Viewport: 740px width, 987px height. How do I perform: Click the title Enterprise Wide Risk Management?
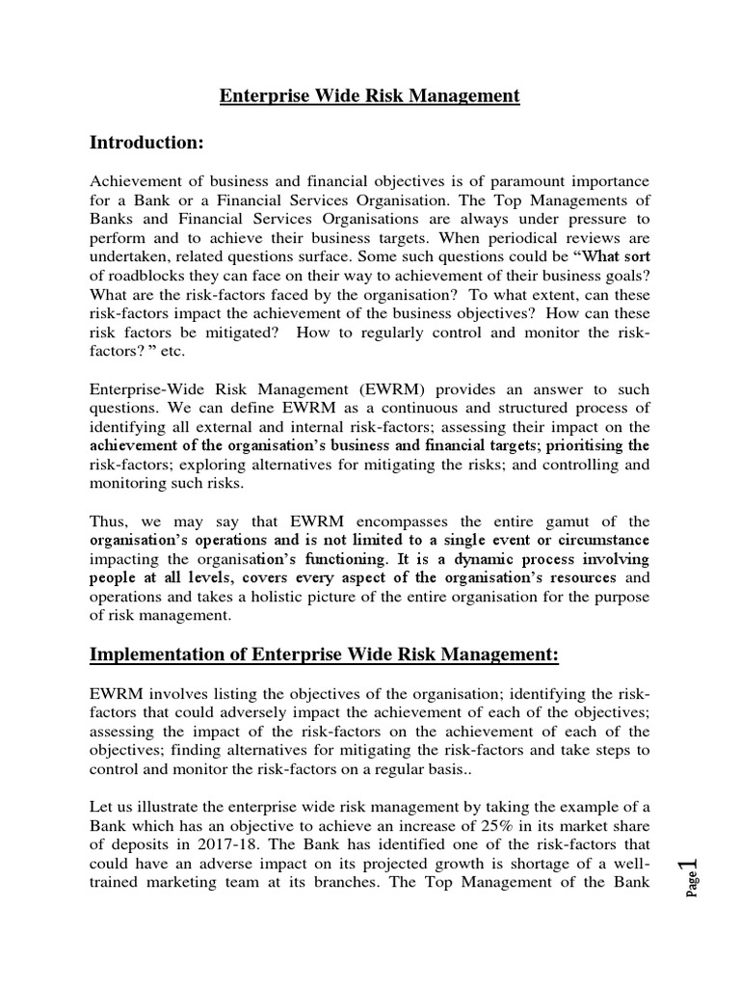coord(370,95)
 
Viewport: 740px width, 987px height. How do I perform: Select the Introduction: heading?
coord(146,143)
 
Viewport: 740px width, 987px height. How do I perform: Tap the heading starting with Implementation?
coord(324,654)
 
